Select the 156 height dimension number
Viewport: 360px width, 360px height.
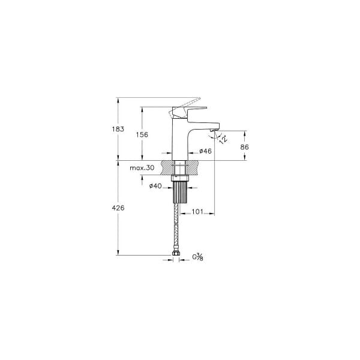[x=142, y=135]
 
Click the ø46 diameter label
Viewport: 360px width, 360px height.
[x=205, y=151]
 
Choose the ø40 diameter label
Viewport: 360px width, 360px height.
[x=155, y=187]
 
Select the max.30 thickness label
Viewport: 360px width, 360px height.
[x=142, y=168]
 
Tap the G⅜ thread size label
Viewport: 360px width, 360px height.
[x=197, y=257]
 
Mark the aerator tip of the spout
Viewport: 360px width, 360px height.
[x=213, y=128]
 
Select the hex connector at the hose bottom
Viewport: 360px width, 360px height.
[x=178, y=257]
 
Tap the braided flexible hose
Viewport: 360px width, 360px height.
[x=179, y=231]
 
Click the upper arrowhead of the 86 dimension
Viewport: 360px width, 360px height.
[x=245, y=132]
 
